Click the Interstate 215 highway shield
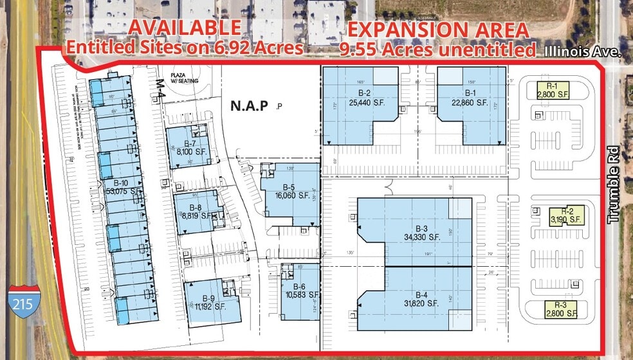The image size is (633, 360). coord(24,301)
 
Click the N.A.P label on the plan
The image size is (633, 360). coord(249,105)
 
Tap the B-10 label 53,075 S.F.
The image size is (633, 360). coord(116,186)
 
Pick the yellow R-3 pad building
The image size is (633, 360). coord(560,309)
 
